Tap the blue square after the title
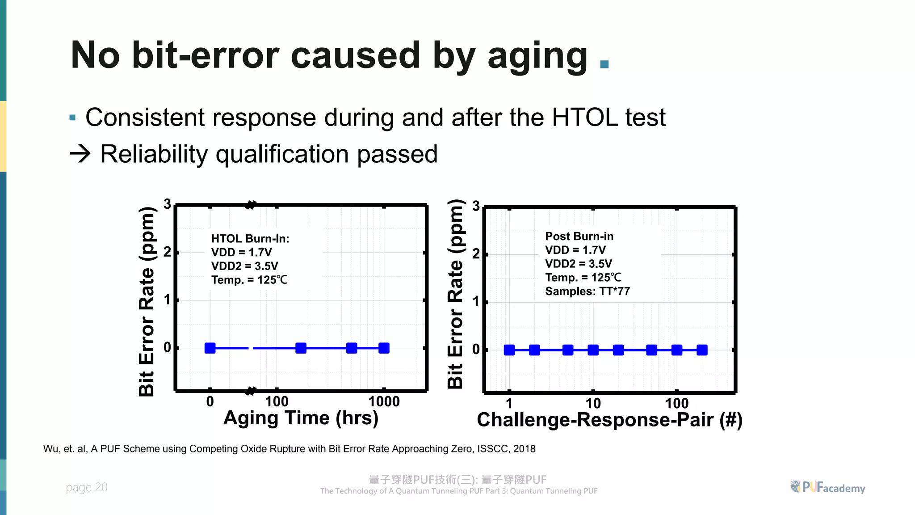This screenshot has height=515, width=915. point(604,64)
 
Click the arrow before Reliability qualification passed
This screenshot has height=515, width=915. point(80,154)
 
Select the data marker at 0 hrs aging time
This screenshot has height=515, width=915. point(210,348)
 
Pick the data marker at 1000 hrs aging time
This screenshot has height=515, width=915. point(384,348)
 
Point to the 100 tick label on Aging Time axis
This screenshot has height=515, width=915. point(277,401)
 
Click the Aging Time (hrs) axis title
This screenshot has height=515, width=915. point(301,418)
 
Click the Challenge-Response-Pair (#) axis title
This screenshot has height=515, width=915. point(609,420)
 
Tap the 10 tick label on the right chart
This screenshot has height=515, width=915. point(593,403)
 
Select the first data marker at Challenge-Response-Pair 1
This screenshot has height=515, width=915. point(509,350)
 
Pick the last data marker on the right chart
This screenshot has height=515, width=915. point(702,350)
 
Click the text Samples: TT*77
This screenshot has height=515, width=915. point(587,291)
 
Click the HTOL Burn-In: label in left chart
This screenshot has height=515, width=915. point(250,239)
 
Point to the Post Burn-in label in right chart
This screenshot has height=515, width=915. point(579,236)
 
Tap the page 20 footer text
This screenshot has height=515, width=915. point(87,487)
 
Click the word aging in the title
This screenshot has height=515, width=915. point(537,56)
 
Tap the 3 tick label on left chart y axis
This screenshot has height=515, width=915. point(167,204)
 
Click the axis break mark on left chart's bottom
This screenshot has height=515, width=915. point(251,391)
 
